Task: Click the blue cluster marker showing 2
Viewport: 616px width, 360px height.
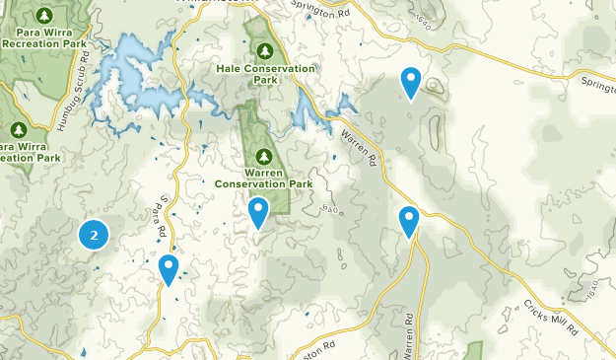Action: [x=94, y=234]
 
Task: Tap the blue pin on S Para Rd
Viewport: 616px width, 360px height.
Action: [x=169, y=267]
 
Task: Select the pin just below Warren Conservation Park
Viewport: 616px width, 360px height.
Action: [x=258, y=210]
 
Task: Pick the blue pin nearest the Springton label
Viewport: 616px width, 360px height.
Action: [x=411, y=81]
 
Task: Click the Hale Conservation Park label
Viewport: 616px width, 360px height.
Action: [x=265, y=75]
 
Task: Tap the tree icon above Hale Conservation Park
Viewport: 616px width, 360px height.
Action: [x=264, y=50]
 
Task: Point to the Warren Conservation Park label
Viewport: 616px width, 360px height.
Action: [x=263, y=179]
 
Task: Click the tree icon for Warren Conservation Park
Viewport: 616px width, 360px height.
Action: [x=263, y=156]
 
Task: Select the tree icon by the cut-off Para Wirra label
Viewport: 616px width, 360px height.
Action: [x=19, y=129]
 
